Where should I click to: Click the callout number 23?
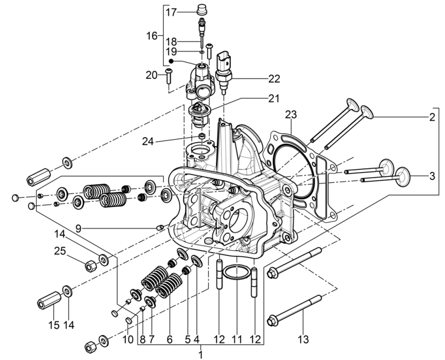pos(291,114)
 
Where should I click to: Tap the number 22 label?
pos(274,79)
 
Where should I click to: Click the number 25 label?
pos(60,251)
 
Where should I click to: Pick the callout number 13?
pos(303,340)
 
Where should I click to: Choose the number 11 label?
pos(236,340)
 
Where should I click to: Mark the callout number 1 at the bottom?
pos(201,355)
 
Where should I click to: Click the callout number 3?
pos(431,177)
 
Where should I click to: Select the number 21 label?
pos(274,98)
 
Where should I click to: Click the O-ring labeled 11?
pos(236,273)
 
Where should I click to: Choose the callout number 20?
pos(151,75)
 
